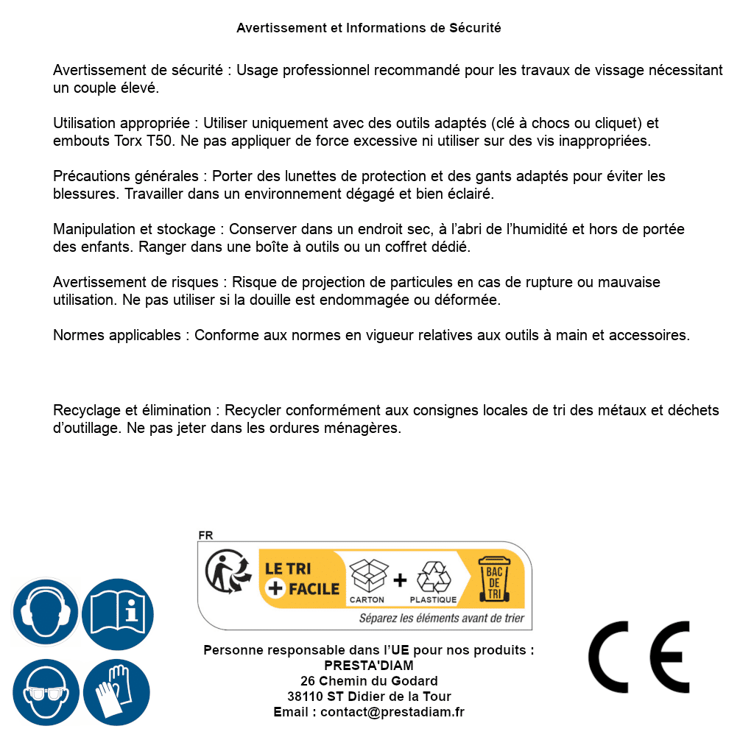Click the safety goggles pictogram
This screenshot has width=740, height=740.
pos(46,693)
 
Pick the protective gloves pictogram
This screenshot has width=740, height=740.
pos(118,693)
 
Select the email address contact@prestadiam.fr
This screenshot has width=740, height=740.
pos(392,712)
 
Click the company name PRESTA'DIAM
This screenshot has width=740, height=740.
pos(368,666)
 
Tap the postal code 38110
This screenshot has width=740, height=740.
pos(304,697)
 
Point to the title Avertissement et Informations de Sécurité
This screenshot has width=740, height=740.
pos(368,28)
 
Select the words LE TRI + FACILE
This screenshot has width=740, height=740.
pos(302,579)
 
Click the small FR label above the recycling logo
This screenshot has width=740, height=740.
pos(205,536)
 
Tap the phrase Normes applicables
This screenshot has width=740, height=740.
pos(116,336)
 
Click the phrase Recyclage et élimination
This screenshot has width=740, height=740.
pos(133,411)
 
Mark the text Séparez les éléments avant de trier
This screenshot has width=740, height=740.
pos(442,619)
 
